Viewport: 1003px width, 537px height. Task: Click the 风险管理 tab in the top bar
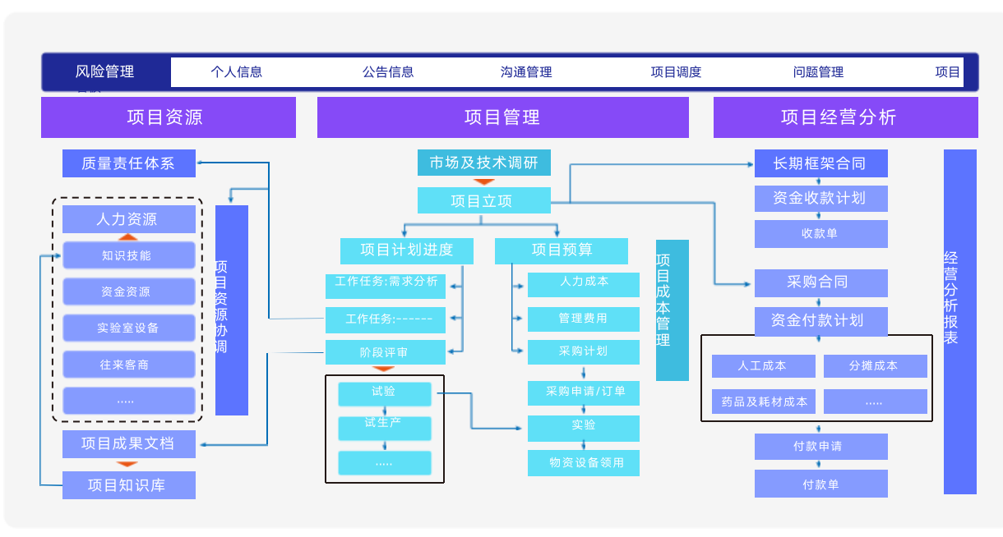tap(105, 72)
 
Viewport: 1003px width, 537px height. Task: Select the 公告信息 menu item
tap(388, 72)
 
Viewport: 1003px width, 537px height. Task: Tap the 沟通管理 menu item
tap(526, 72)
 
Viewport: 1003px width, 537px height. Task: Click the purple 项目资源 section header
tap(169, 117)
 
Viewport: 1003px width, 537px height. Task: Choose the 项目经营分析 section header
tap(845, 117)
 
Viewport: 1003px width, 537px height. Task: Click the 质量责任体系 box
tap(129, 163)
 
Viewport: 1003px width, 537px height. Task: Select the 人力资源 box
tap(129, 219)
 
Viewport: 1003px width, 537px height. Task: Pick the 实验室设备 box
tap(129, 328)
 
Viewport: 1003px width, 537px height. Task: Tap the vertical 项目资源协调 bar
tap(232, 310)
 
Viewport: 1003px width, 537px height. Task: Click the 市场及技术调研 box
tap(483, 163)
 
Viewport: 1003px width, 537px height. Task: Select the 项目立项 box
tap(483, 200)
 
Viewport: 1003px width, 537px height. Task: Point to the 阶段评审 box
tap(385, 352)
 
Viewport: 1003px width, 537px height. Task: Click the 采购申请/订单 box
tap(583, 392)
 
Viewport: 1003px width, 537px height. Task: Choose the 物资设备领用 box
tap(583, 463)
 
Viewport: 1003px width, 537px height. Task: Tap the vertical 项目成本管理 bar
tap(672, 310)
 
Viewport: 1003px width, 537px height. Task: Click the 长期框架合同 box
tap(820, 163)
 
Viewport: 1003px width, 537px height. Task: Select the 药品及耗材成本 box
tap(764, 402)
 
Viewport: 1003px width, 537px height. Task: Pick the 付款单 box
tap(820, 484)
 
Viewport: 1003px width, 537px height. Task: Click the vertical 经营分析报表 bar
tap(959, 321)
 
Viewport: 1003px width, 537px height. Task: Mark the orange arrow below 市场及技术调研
tap(484, 181)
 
